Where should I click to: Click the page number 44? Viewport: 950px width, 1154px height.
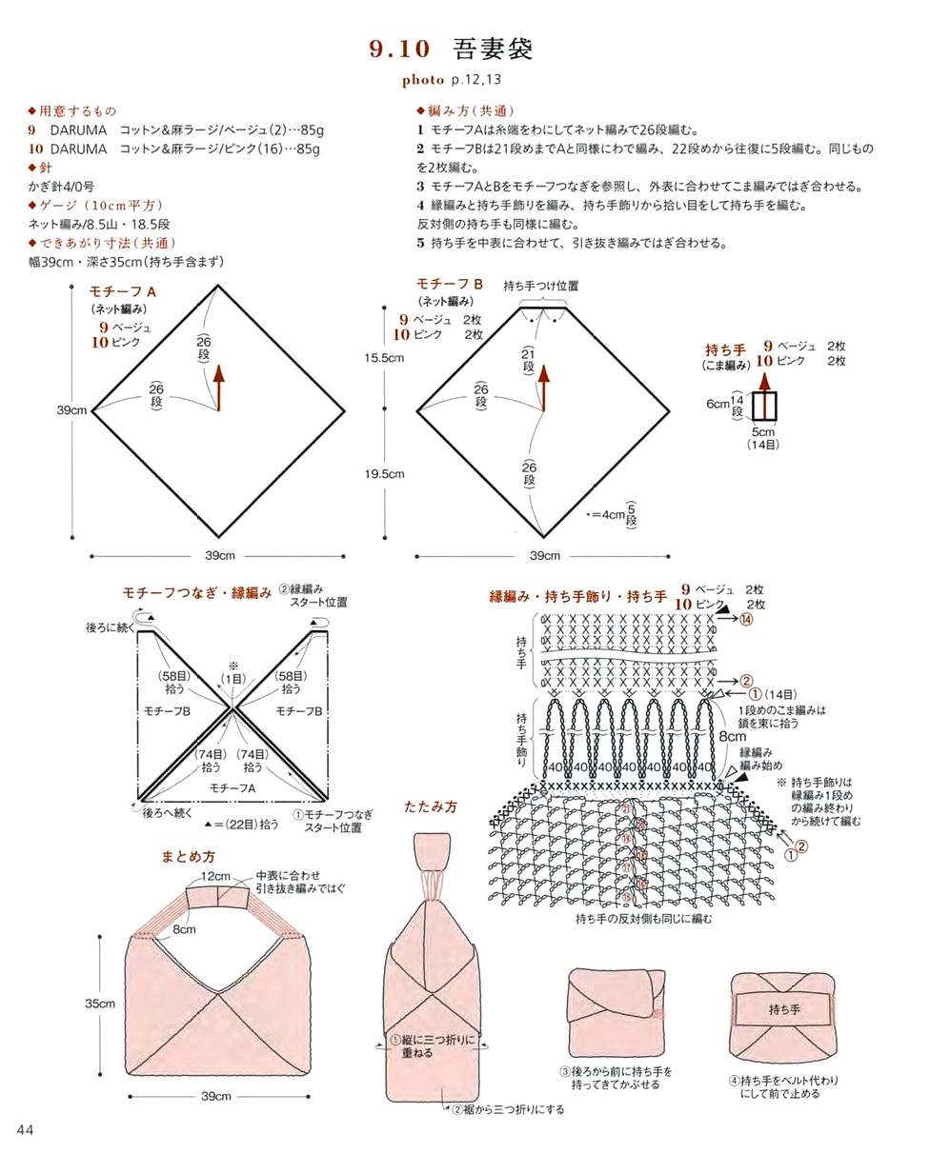tap(26, 1129)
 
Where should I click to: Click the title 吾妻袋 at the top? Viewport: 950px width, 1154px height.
tap(494, 50)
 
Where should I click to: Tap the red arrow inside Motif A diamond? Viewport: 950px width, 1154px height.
tap(218, 387)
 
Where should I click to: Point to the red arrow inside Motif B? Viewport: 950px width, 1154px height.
tap(544, 387)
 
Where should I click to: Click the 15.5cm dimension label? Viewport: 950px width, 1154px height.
tap(384, 358)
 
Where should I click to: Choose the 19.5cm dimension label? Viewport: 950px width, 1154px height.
tap(384, 473)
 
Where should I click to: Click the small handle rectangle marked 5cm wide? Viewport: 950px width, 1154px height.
tap(765, 406)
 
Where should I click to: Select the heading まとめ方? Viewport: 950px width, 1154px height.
tap(188, 857)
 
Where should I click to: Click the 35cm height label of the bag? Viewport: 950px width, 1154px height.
tap(100, 1004)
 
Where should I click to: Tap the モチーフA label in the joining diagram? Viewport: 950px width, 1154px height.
tap(232, 788)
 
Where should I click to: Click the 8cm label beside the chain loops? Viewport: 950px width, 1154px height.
tap(733, 736)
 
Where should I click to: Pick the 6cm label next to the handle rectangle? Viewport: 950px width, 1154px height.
tap(718, 404)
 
